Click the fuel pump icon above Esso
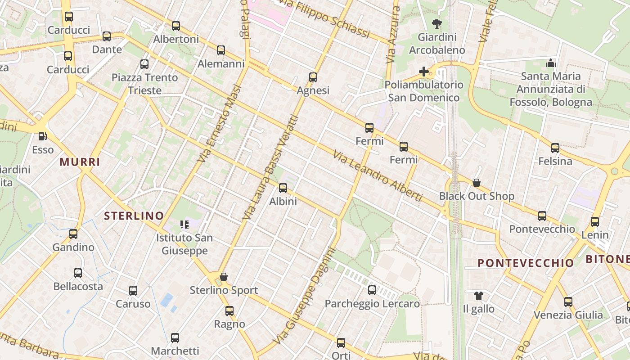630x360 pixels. [42, 136]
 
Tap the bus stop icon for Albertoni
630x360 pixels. [176, 26]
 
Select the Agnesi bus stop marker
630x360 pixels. [313, 77]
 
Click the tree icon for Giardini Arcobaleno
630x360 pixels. [436, 23]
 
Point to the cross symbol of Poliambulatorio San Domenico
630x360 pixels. [423, 72]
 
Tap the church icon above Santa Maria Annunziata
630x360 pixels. [550, 63]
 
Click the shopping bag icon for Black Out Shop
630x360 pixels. [477, 183]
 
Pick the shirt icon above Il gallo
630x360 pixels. [478, 296]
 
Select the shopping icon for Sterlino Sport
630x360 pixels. [223, 277]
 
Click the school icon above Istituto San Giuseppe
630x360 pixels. [184, 224]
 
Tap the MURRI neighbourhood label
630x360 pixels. [80, 162]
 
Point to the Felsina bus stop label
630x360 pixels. [555, 161]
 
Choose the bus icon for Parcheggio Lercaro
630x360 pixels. [372, 290]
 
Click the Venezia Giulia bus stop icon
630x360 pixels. [568, 301]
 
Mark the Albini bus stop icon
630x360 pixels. [283, 188]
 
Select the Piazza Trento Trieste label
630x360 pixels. [144, 84]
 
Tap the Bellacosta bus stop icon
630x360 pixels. [78, 273]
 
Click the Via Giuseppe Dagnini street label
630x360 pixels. [304, 297]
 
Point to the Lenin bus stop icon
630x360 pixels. [595, 221]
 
